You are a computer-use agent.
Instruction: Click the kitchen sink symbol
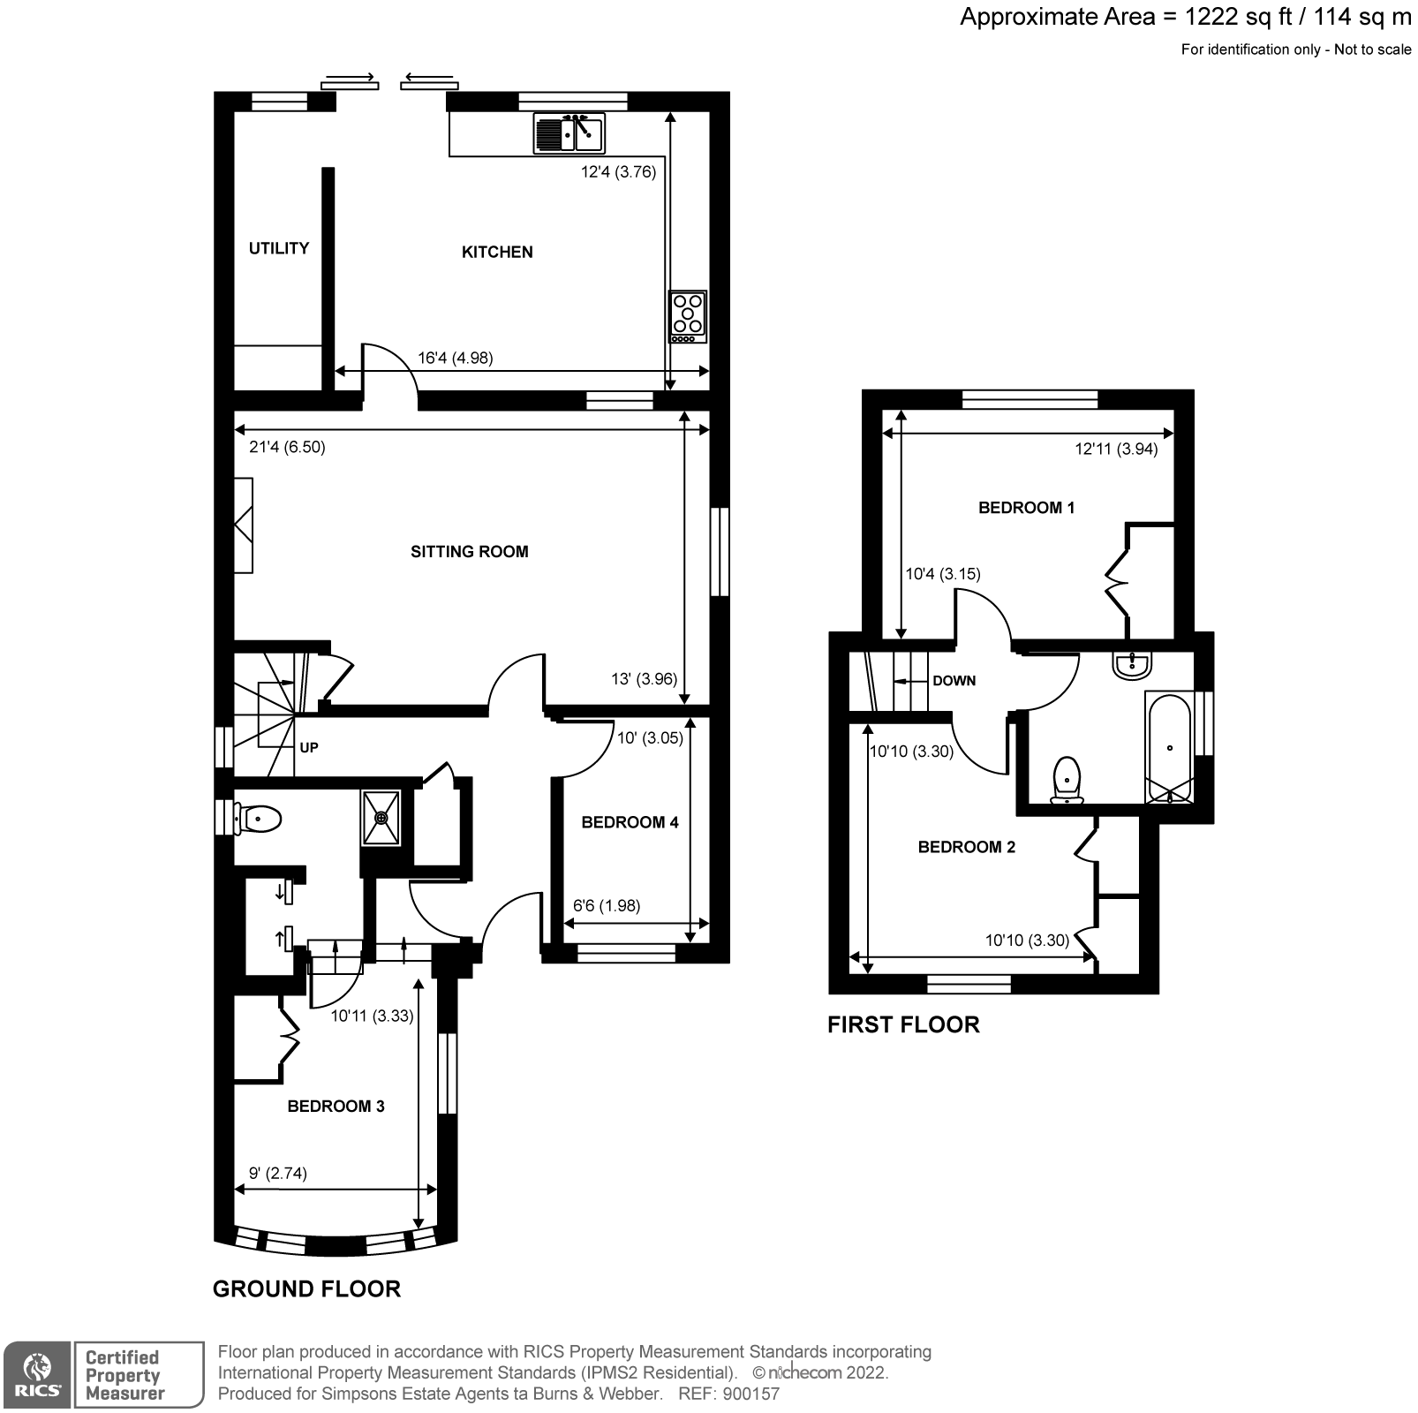coord(569,134)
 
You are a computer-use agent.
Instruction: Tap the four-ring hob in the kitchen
coord(688,316)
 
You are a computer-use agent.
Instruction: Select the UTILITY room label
coord(279,248)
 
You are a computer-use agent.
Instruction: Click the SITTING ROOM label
coord(469,552)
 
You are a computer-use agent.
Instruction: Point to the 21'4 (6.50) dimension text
coord(287,448)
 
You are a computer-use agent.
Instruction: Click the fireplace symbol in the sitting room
coord(243,525)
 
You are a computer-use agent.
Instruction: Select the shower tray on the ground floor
coord(381,818)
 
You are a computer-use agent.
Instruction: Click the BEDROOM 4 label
coord(630,822)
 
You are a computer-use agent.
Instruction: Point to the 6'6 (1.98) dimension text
coord(607,905)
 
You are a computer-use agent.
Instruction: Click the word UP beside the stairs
coord(309,748)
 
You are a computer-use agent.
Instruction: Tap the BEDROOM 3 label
coord(336,1107)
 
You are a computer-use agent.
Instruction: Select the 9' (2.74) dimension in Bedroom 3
coord(278,1174)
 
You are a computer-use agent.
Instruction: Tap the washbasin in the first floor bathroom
coord(1132,665)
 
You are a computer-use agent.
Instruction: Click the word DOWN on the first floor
coord(954,681)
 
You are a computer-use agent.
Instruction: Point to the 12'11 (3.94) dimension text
coord(1116,450)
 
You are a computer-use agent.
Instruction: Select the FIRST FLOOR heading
coord(903,1025)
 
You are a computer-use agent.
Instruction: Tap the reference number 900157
coord(750,1394)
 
